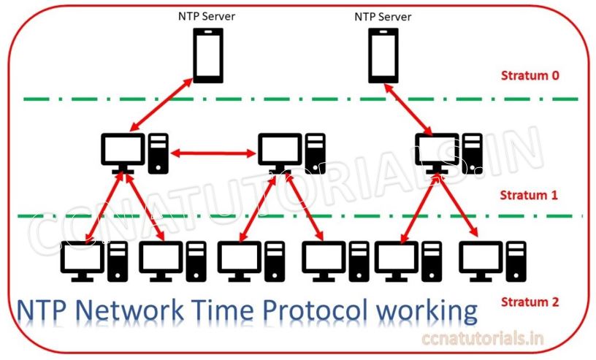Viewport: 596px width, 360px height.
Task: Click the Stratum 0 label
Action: click(x=530, y=76)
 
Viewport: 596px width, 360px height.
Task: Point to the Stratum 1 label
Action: click(x=530, y=195)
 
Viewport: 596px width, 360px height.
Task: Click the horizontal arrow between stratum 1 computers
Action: click(x=212, y=153)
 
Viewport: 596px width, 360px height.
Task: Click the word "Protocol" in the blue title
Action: click(x=315, y=311)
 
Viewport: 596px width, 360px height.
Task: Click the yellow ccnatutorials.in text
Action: click(x=485, y=338)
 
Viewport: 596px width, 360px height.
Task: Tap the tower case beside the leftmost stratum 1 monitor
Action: click(x=158, y=153)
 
